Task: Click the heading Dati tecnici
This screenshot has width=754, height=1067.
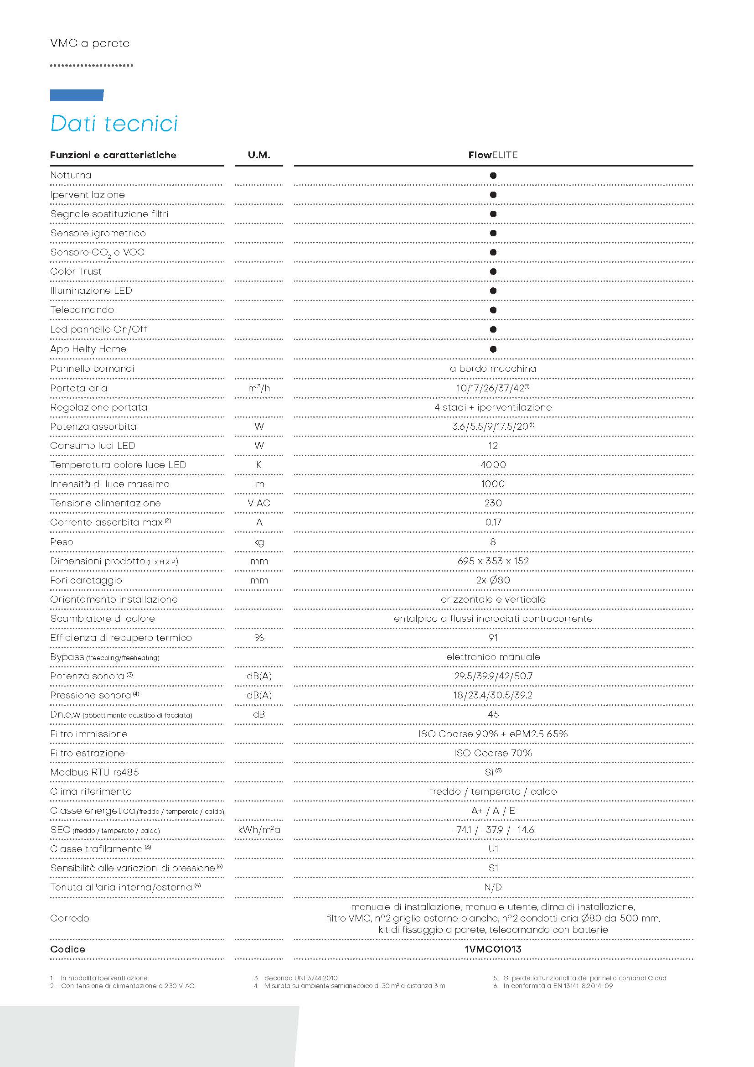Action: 114,124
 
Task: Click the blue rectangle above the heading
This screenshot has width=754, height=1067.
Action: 77,95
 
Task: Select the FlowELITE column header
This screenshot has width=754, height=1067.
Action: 493,155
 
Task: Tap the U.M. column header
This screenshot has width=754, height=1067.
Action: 258,155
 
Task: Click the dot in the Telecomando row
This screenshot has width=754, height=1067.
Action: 493,310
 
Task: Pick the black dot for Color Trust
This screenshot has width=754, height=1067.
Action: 493,271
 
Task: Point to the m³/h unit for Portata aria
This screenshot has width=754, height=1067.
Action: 258,388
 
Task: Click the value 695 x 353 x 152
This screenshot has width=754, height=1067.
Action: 493,561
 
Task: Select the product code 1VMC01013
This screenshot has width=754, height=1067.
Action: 493,949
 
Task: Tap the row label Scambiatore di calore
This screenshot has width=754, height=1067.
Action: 103,619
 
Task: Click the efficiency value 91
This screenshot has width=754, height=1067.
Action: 493,638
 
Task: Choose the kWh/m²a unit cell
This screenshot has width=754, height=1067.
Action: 258,830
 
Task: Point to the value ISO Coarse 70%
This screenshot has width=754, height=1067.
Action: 493,753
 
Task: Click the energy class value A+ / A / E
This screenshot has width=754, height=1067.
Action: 493,811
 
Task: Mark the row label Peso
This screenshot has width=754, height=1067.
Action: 62,542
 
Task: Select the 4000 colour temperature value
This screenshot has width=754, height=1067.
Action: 493,465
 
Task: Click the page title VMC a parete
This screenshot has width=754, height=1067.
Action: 90,43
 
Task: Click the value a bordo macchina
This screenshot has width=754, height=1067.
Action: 493,369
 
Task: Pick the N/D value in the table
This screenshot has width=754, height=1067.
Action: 493,887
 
